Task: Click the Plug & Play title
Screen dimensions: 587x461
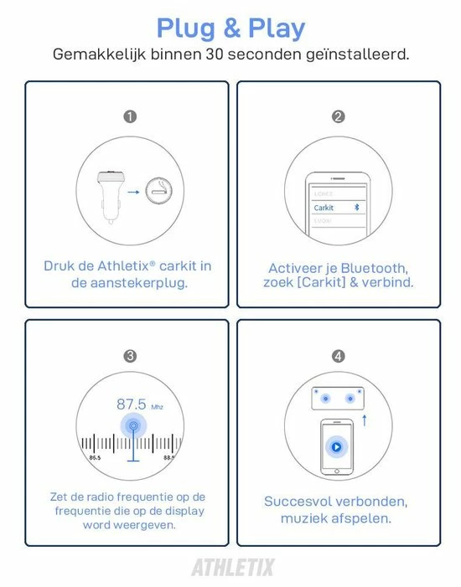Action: tap(230, 29)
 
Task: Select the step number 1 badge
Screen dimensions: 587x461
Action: tap(130, 117)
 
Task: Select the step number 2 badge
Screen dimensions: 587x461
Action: tap(339, 117)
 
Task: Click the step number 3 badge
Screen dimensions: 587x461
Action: tap(130, 356)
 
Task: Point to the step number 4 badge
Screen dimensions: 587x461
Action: tap(339, 356)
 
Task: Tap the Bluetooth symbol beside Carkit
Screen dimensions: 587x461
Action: tap(354, 207)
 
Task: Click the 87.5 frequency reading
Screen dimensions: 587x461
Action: tap(132, 404)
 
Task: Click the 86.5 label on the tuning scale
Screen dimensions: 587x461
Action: tap(96, 458)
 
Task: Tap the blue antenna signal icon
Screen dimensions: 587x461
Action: tap(132, 427)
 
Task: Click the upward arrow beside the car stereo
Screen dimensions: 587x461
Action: tap(365, 420)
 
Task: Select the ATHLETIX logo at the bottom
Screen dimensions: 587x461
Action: tap(232, 568)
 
